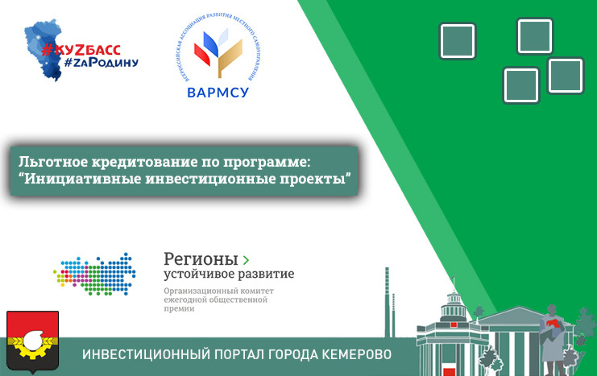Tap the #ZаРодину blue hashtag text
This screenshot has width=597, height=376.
point(102,62)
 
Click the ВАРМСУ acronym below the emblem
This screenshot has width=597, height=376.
point(218,93)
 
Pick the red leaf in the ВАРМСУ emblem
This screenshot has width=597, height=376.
point(202,55)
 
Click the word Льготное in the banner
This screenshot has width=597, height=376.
point(53,162)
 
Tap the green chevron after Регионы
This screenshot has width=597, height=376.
point(246,260)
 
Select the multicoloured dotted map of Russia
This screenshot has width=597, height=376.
point(94,274)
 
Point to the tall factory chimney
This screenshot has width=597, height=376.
point(387,302)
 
